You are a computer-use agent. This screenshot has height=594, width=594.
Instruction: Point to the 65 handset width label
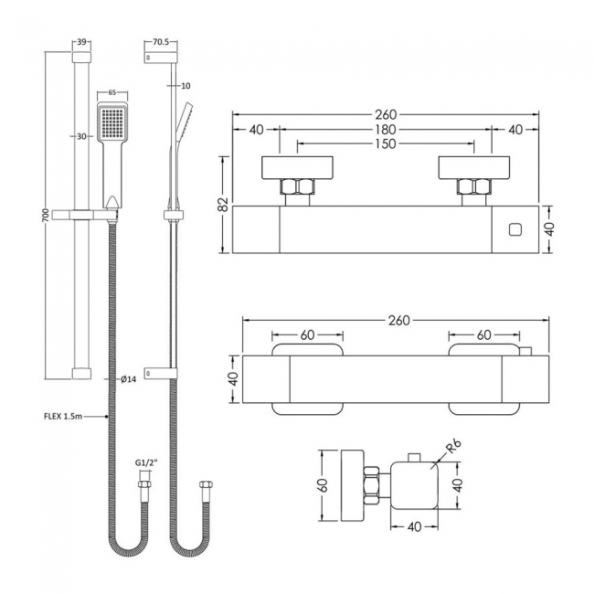click(111, 92)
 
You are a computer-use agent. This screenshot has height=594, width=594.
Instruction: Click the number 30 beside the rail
click(81, 136)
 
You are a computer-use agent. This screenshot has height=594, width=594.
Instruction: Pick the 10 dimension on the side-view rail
click(187, 86)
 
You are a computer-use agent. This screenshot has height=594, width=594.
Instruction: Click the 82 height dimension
click(223, 206)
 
